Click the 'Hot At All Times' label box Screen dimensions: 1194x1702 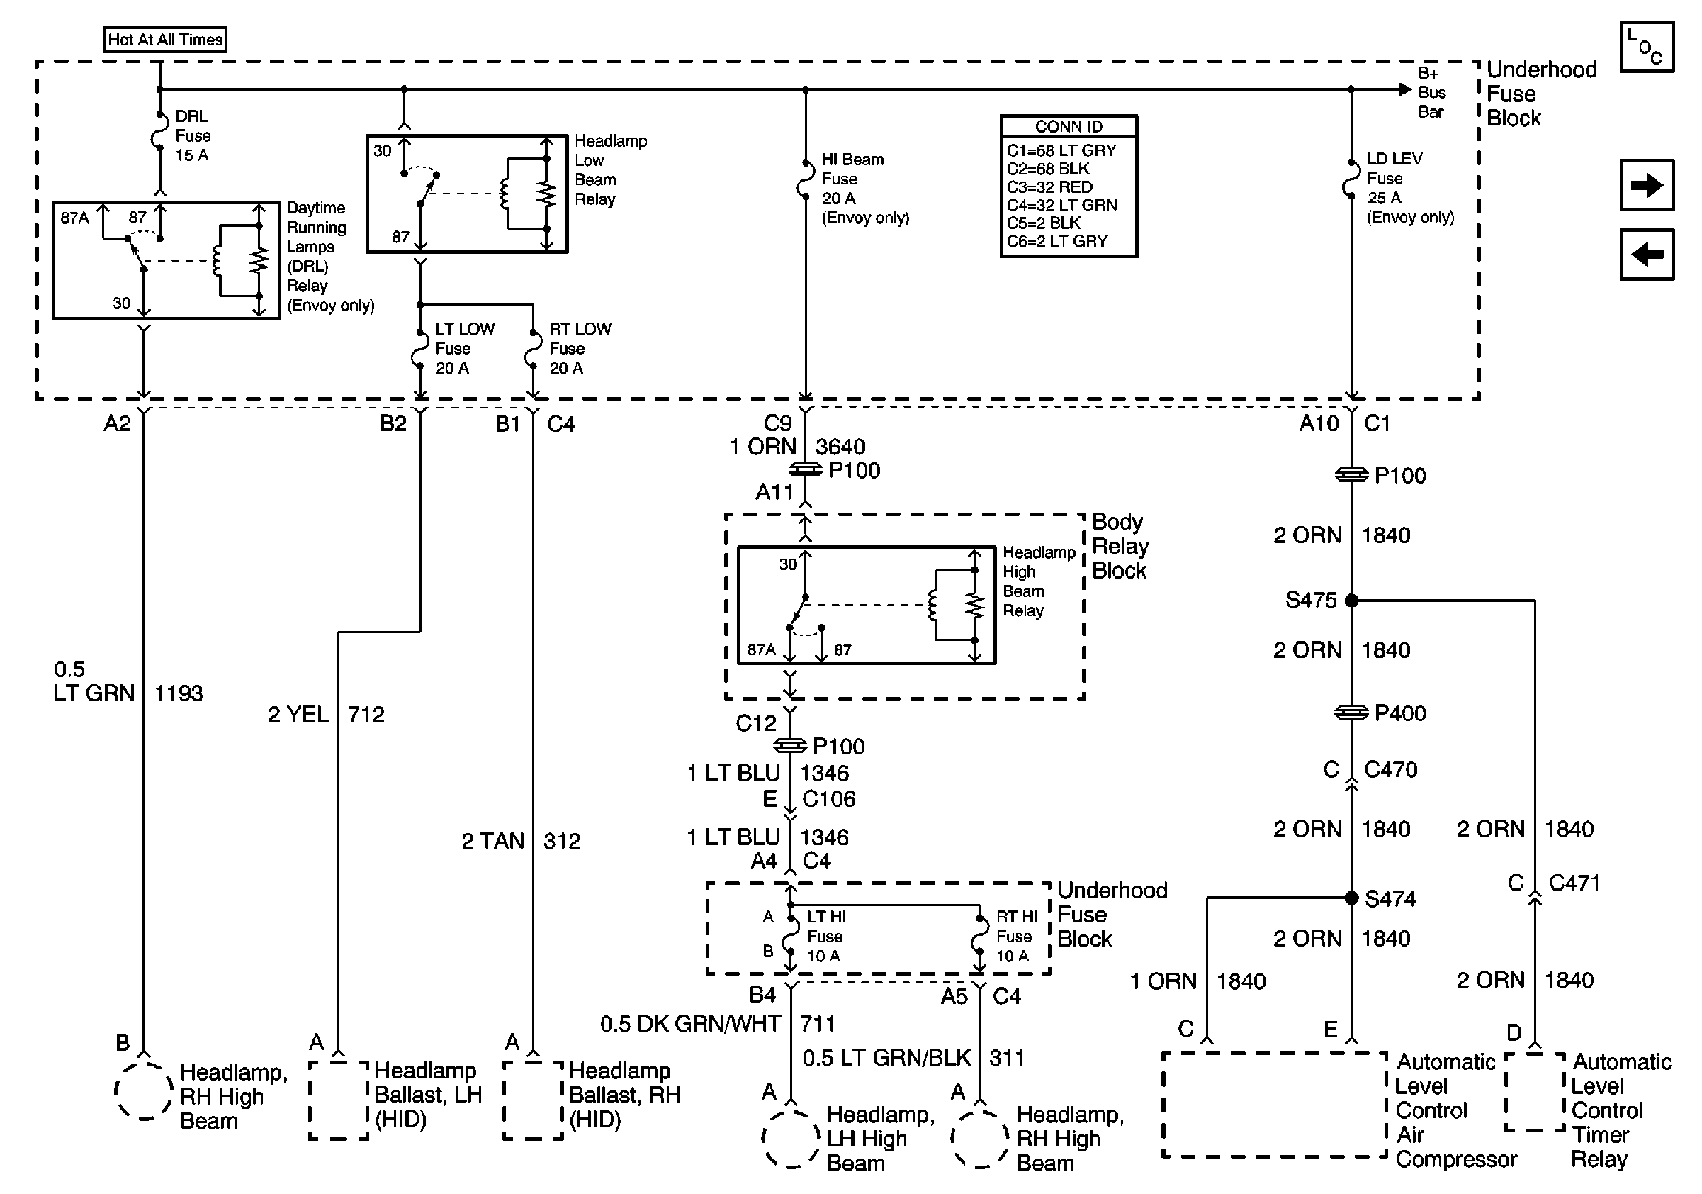(x=164, y=39)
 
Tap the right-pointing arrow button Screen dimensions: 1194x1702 (x=1647, y=184)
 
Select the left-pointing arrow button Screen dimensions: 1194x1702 (x=1647, y=255)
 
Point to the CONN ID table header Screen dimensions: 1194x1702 (x=1069, y=127)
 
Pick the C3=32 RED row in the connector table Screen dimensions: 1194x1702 (x=1049, y=187)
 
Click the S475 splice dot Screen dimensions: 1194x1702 (x=1351, y=600)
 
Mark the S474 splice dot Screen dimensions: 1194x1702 (x=1351, y=898)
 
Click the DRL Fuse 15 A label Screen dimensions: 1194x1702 (x=193, y=135)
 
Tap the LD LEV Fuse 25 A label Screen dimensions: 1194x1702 (x=1394, y=178)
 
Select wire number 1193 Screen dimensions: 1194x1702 (x=178, y=693)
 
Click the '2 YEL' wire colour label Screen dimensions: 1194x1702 (x=298, y=714)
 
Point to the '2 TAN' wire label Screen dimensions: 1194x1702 (x=492, y=841)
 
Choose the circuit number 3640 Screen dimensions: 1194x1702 (x=840, y=447)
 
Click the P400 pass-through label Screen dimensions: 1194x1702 (x=1399, y=713)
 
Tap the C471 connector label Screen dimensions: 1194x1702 (x=1574, y=883)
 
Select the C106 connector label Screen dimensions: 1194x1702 (x=829, y=799)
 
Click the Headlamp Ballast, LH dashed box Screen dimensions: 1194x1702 (x=339, y=1100)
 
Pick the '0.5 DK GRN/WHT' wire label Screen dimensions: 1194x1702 (x=689, y=1024)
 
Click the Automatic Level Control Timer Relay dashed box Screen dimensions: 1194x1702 (x=1535, y=1093)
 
